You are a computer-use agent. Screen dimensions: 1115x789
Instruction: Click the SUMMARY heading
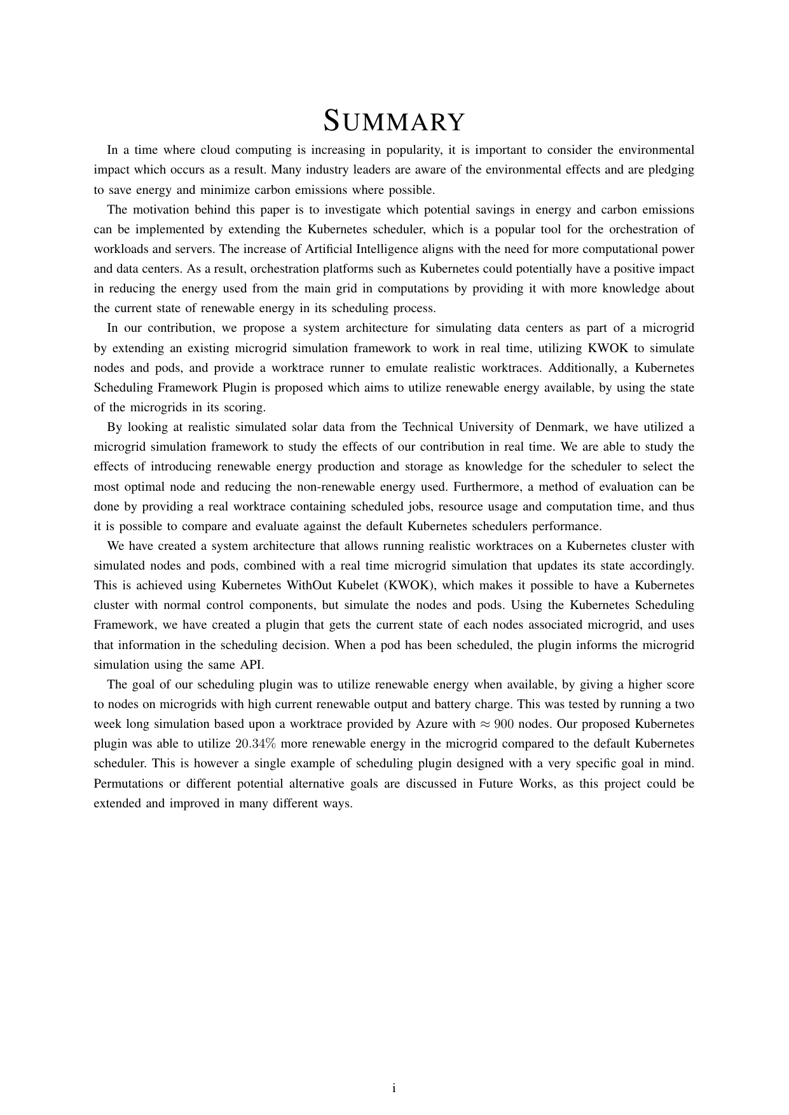394,121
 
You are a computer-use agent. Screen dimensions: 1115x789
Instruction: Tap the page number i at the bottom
394,1088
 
